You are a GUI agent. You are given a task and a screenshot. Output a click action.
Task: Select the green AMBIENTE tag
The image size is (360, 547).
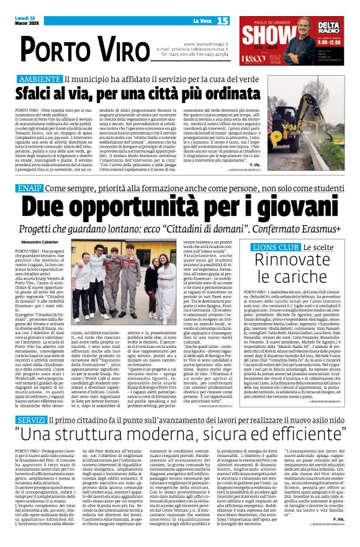pos(39,79)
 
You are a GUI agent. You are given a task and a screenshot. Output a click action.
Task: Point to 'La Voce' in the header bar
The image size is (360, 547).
pos(202,21)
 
